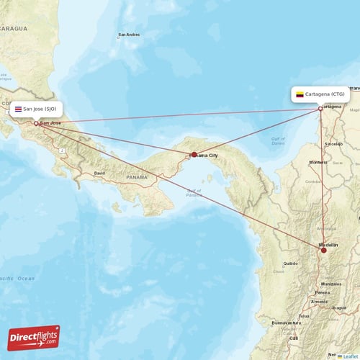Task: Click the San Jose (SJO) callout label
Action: click(x=36, y=109)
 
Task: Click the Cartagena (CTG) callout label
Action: click(x=320, y=94)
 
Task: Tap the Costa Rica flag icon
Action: click(x=18, y=109)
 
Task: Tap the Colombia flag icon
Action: click(x=300, y=94)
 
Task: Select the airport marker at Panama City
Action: click(x=194, y=154)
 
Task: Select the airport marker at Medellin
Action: click(x=324, y=249)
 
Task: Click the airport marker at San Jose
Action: click(x=36, y=123)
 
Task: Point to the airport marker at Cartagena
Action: click(x=320, y=109)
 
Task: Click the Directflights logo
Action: click(x=34, y=336)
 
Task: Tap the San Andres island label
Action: click(x=129, y=35)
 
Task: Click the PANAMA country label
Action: click(x=137, y=176)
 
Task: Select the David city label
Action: click(x=99, y=174)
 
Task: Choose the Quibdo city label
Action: click(x=291, y=264)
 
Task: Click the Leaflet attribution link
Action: click(x=350, y=355)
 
